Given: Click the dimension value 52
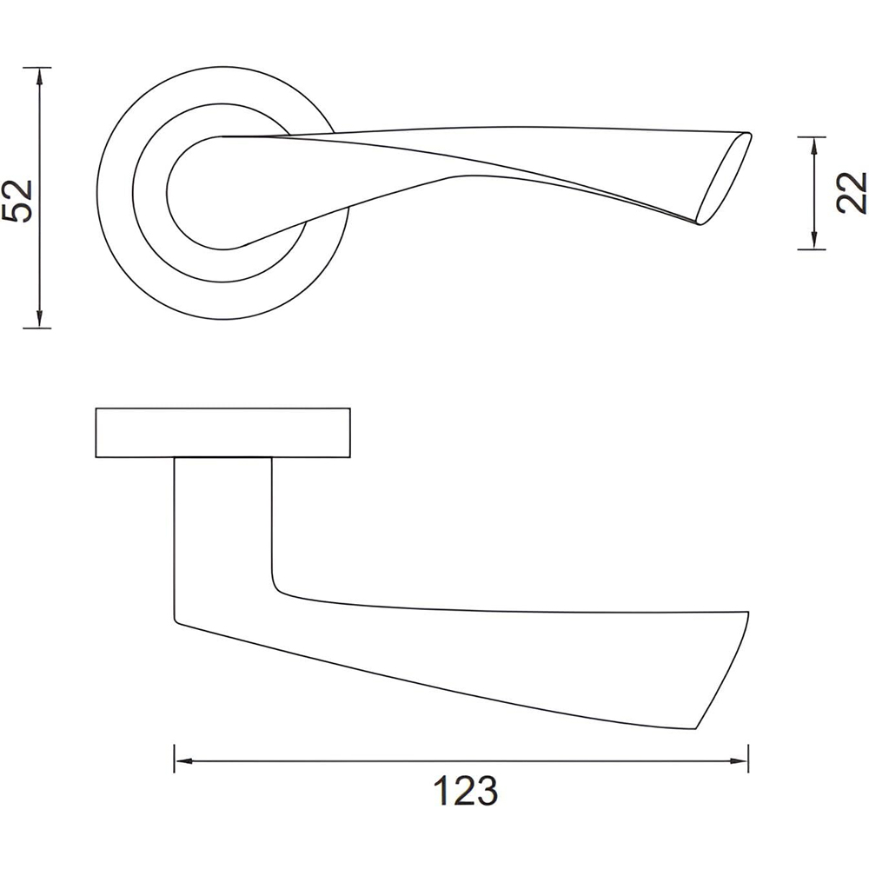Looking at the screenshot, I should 19,201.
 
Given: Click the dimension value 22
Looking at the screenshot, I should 851,192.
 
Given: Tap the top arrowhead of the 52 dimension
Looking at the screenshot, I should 38,76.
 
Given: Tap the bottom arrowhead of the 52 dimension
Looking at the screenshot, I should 38,319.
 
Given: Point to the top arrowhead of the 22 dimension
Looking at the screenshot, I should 813,145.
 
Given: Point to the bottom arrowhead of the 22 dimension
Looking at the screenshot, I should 813,242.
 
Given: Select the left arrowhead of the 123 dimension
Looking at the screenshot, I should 183,762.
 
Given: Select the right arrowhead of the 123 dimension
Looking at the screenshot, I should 740,762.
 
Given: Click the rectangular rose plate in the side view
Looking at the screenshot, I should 224,432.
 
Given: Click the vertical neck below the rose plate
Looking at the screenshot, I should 222,521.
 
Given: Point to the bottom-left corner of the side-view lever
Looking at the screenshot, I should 176,620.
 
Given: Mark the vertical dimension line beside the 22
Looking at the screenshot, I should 813,193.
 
